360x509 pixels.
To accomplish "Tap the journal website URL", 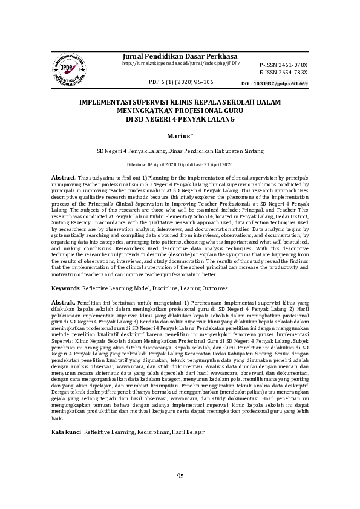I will click(x=180, y=63).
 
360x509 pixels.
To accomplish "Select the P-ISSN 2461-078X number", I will click(x=283, y=65).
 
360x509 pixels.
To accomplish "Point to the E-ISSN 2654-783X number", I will click(x=283, y=72).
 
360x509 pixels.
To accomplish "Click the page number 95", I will click(x=180, y=476).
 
